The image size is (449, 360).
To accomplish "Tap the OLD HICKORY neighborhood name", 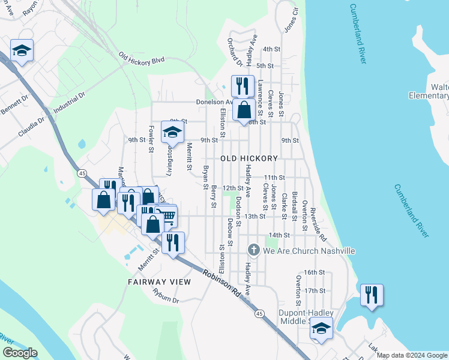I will (x=249, y=158).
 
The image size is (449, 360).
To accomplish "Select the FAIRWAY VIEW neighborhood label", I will (x=159, y=281).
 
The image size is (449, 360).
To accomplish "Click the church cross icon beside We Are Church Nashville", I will (x=254, y=250).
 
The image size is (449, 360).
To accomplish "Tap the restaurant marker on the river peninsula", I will (x=372, y=295).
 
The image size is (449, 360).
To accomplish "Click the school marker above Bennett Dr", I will (x=22, y=50).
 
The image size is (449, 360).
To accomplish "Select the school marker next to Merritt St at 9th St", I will (x=172, y=131).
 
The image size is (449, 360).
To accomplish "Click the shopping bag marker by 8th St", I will (x=244, y=110).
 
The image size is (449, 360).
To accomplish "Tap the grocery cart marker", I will (x=166, y=216).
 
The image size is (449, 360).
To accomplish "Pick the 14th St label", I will (x=280, y=235).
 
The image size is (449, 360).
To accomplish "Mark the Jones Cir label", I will (x=291, y=20).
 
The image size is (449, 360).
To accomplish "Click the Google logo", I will (x=20, y=353).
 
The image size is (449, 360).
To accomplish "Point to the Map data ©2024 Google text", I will (x=412, y=355).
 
